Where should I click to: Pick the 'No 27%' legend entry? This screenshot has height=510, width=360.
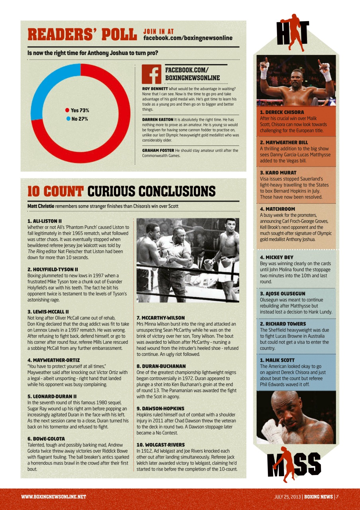77,119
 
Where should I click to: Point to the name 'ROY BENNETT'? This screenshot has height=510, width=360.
155,88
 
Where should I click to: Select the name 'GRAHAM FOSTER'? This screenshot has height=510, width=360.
158,150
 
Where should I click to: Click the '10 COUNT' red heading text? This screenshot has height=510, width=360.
55,192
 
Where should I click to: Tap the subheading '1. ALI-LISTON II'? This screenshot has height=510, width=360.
44,221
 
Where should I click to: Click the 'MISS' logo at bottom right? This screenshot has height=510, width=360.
294,464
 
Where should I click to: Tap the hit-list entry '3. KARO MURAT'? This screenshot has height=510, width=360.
278,173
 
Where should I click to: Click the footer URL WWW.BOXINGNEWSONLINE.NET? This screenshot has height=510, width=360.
54,497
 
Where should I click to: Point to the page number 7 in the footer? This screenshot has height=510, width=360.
337,497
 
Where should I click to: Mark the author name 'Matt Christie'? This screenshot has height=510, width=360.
41,206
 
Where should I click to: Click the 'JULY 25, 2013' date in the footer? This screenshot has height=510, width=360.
287,497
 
